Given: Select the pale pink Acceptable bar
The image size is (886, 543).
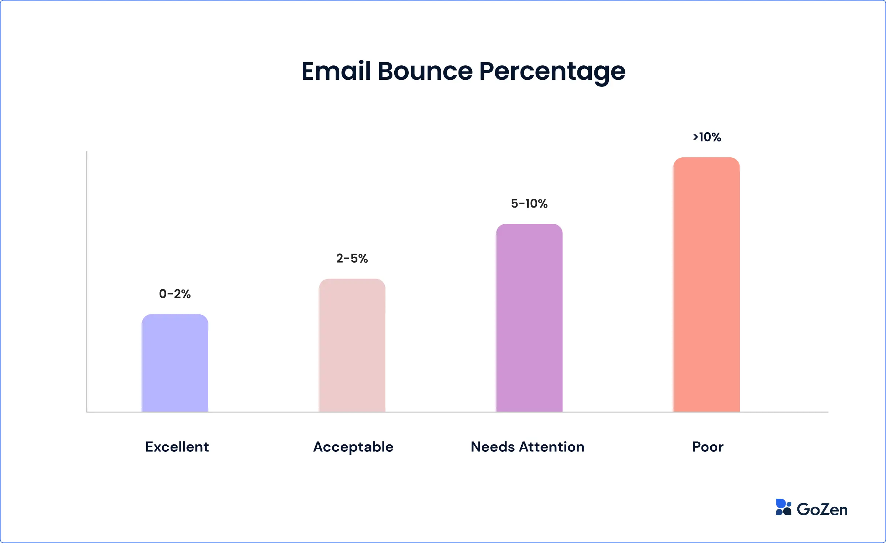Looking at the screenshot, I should click(x=352, y=345).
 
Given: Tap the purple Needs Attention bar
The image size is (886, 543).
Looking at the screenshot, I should click(x=529, y=318).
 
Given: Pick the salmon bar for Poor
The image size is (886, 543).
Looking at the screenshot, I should click(x=706, y=285).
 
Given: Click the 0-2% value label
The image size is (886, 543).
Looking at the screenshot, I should click(x=175, y=294).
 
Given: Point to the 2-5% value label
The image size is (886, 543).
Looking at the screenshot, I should click(x=352, y=259).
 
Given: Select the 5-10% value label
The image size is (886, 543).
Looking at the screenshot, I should click(x=529, y=204).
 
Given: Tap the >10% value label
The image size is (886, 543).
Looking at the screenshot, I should click(x=707, y=137).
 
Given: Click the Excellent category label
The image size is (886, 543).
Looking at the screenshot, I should click(x=177, y=447).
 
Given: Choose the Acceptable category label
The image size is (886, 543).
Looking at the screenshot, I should click(x=353, y=447).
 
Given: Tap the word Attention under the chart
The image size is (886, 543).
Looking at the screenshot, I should click(x=552, y=447).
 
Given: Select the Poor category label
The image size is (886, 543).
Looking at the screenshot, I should click(x=708, y=447).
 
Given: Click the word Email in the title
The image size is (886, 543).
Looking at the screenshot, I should click(x=336, y=71).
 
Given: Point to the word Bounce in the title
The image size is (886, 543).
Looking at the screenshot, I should click(x=425, y=71).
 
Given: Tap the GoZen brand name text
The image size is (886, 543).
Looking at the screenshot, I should click(x=822, y=509).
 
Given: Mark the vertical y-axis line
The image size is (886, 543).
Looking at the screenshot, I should click(x=87, y=281).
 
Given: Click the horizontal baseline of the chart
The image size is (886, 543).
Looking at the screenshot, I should click(x=458, y=412).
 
